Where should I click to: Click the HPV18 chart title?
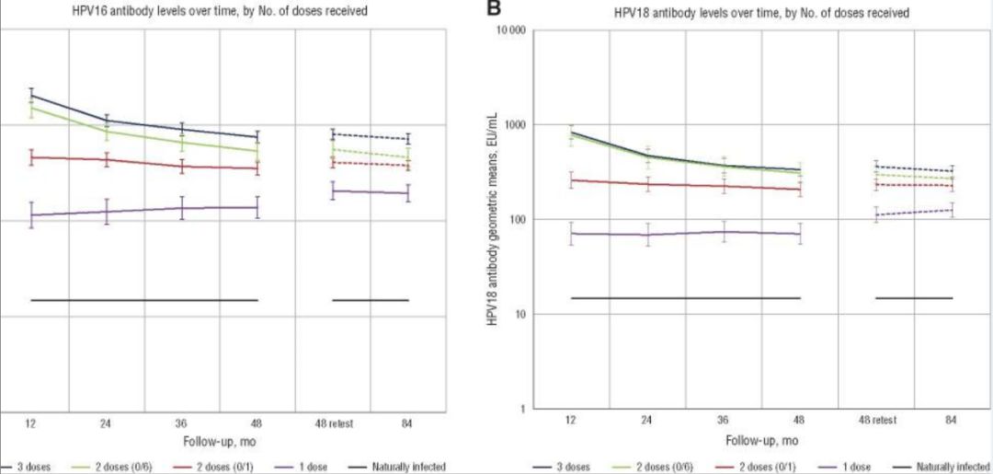pos(761,13)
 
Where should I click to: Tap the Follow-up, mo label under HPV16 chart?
pos(219,441)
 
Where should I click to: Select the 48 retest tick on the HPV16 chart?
pos(333,423)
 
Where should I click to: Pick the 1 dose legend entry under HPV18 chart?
pos(850,467)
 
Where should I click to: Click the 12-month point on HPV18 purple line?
pos(571,233)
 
